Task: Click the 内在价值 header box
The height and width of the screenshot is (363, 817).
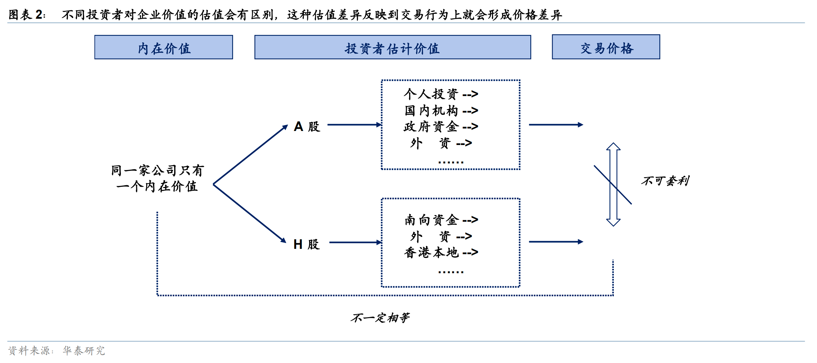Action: pyautogui.click(x=164, y=48)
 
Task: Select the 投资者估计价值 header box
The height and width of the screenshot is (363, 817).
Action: pyautogui.click(x=392, y=48)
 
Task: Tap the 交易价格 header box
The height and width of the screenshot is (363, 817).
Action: pyautogui.click(x=606, y=47)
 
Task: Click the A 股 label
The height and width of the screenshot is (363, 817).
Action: pyautogui.click(x=307, y=126)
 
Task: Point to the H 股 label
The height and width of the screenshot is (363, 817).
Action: pyautogui.click(x=306, y=244)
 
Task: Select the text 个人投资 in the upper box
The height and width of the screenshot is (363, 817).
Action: pyautogui.click(x=431, y=94)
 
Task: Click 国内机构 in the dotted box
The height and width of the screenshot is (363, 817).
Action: pyautogui.click(x=431, y=110)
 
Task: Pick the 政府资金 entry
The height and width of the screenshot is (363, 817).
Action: pyautogui.click(x=431, y=127)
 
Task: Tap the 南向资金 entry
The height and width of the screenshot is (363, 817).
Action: pyautogui.click(x=431, y=220)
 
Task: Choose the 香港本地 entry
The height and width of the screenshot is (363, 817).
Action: pyautogui.click(x=431, y=253)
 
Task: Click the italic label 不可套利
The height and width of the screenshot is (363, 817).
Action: pyautogui.click(x=665, y=181)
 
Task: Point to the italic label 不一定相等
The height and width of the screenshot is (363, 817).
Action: pyautogui.click(x=380, y=317)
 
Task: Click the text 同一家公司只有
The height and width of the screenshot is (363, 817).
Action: pyautogui.click(x=157, y=170)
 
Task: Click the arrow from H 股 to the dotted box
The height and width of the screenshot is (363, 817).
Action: pyautogui.click(x=355, y=242)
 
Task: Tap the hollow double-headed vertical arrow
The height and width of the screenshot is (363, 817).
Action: pyautogui.click(x=614, y=184)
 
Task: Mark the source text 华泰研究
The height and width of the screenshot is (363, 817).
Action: pyautogui.click(x=84, y=351)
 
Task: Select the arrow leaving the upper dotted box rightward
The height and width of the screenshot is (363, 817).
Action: pyautogui.click(x=556, y=125)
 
